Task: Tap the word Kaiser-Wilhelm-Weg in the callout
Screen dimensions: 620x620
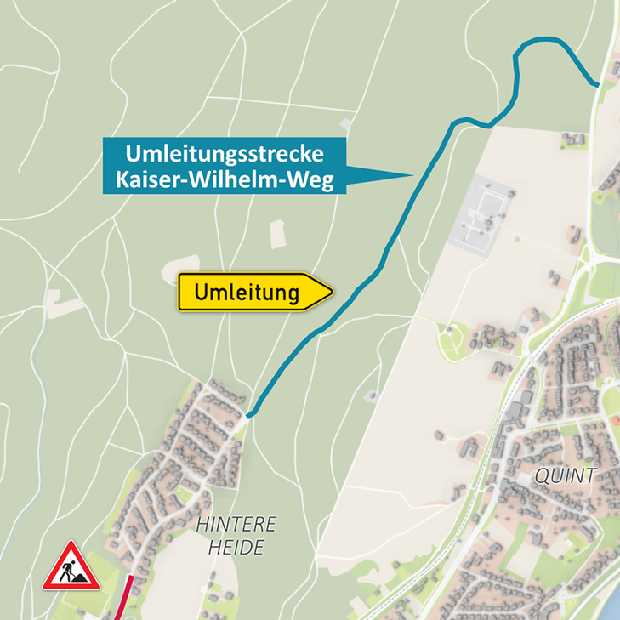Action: click(x=225, y=179)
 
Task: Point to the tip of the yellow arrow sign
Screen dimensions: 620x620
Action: click(x=333, y=293)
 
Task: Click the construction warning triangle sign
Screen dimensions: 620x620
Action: click(x=71, y=567)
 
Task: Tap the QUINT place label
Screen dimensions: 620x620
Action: click(x=566, y=475)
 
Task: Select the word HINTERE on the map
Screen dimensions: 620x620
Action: click(x=236, y=524)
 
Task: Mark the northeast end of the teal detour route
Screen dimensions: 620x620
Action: click(x=598, y=84)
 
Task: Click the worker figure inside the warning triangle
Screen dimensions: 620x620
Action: click(x=71, y=572)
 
